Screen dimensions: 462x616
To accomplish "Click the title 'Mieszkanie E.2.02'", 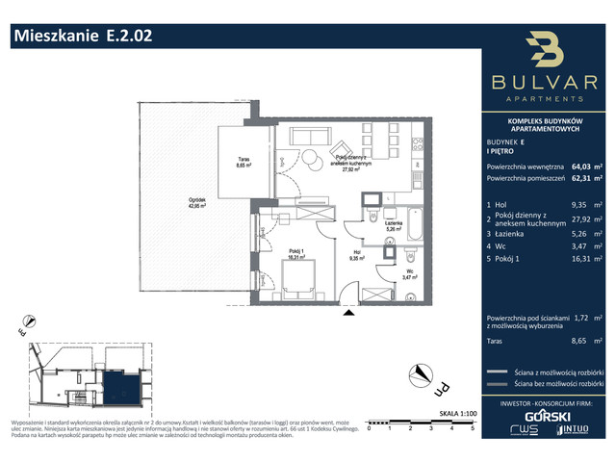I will coord(81,38).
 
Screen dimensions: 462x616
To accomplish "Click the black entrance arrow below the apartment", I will coord(348,312).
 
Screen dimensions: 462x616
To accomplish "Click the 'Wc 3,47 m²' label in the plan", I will coord(408,274).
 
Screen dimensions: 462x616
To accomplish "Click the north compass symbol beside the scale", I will coord(420,372).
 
